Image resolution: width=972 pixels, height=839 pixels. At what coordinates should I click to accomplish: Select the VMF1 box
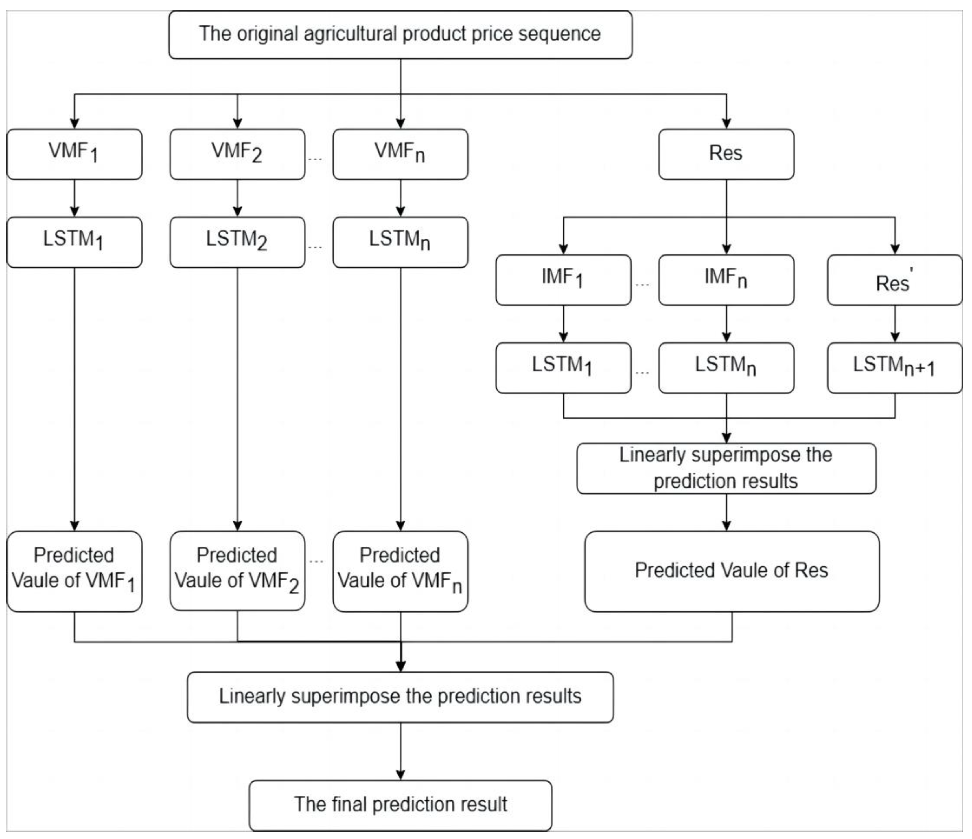[74, 154]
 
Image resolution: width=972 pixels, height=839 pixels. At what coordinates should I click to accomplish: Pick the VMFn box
[400, 154]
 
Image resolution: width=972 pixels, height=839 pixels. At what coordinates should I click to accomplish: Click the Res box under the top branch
[726, 154]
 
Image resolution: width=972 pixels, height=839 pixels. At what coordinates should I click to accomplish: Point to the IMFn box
[726, 280]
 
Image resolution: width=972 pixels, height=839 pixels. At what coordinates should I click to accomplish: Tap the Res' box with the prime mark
[894, 280]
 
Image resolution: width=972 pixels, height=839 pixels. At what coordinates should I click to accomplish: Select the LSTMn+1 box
[894, 368]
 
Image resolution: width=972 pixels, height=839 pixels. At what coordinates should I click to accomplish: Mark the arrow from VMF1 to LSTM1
[74, 198]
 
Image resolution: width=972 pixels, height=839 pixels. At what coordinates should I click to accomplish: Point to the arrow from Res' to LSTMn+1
[894, 324]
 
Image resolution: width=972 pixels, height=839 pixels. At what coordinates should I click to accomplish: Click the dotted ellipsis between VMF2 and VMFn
[315, 160]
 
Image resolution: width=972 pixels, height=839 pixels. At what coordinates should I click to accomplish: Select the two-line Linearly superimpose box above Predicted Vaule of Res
[726, 468]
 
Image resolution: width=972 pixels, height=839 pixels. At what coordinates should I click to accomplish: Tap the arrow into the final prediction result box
[400, 751]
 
